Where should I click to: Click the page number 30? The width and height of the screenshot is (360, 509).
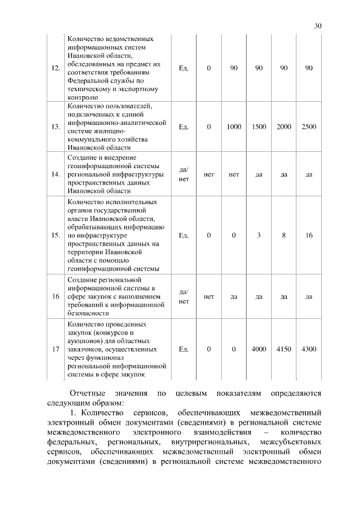coord(317,26)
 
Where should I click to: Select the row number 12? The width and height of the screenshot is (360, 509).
coord(55,68)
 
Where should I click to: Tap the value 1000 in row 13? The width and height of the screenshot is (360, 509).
coord(233,127)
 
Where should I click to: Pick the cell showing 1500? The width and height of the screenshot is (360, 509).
coord(259,127)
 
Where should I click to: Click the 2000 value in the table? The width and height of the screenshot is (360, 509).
coord(284,127)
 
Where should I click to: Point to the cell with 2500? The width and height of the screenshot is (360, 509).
coord(309,127)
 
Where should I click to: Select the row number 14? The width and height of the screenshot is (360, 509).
coord(55,174)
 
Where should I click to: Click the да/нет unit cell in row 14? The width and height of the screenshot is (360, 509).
coord(183,174)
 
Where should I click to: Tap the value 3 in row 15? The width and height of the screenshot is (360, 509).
coord(259,235)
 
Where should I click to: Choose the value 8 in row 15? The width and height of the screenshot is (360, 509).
coord(284,235)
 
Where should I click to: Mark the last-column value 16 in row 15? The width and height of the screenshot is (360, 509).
coord(309,235)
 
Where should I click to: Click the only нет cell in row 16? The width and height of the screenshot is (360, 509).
coord(209,296)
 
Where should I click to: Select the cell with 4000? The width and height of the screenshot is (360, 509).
coord(259,349)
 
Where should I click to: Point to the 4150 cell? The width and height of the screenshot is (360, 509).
coord(284,349)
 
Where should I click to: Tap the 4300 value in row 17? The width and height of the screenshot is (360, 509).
coord(309,349)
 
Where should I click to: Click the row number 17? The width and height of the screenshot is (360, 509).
coord(55,349)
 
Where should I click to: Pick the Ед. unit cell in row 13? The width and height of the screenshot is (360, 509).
coord(183,127)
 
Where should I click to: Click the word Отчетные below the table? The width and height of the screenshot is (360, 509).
coord(89,392)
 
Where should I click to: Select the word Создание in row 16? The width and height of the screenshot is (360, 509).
coord(83,280)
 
